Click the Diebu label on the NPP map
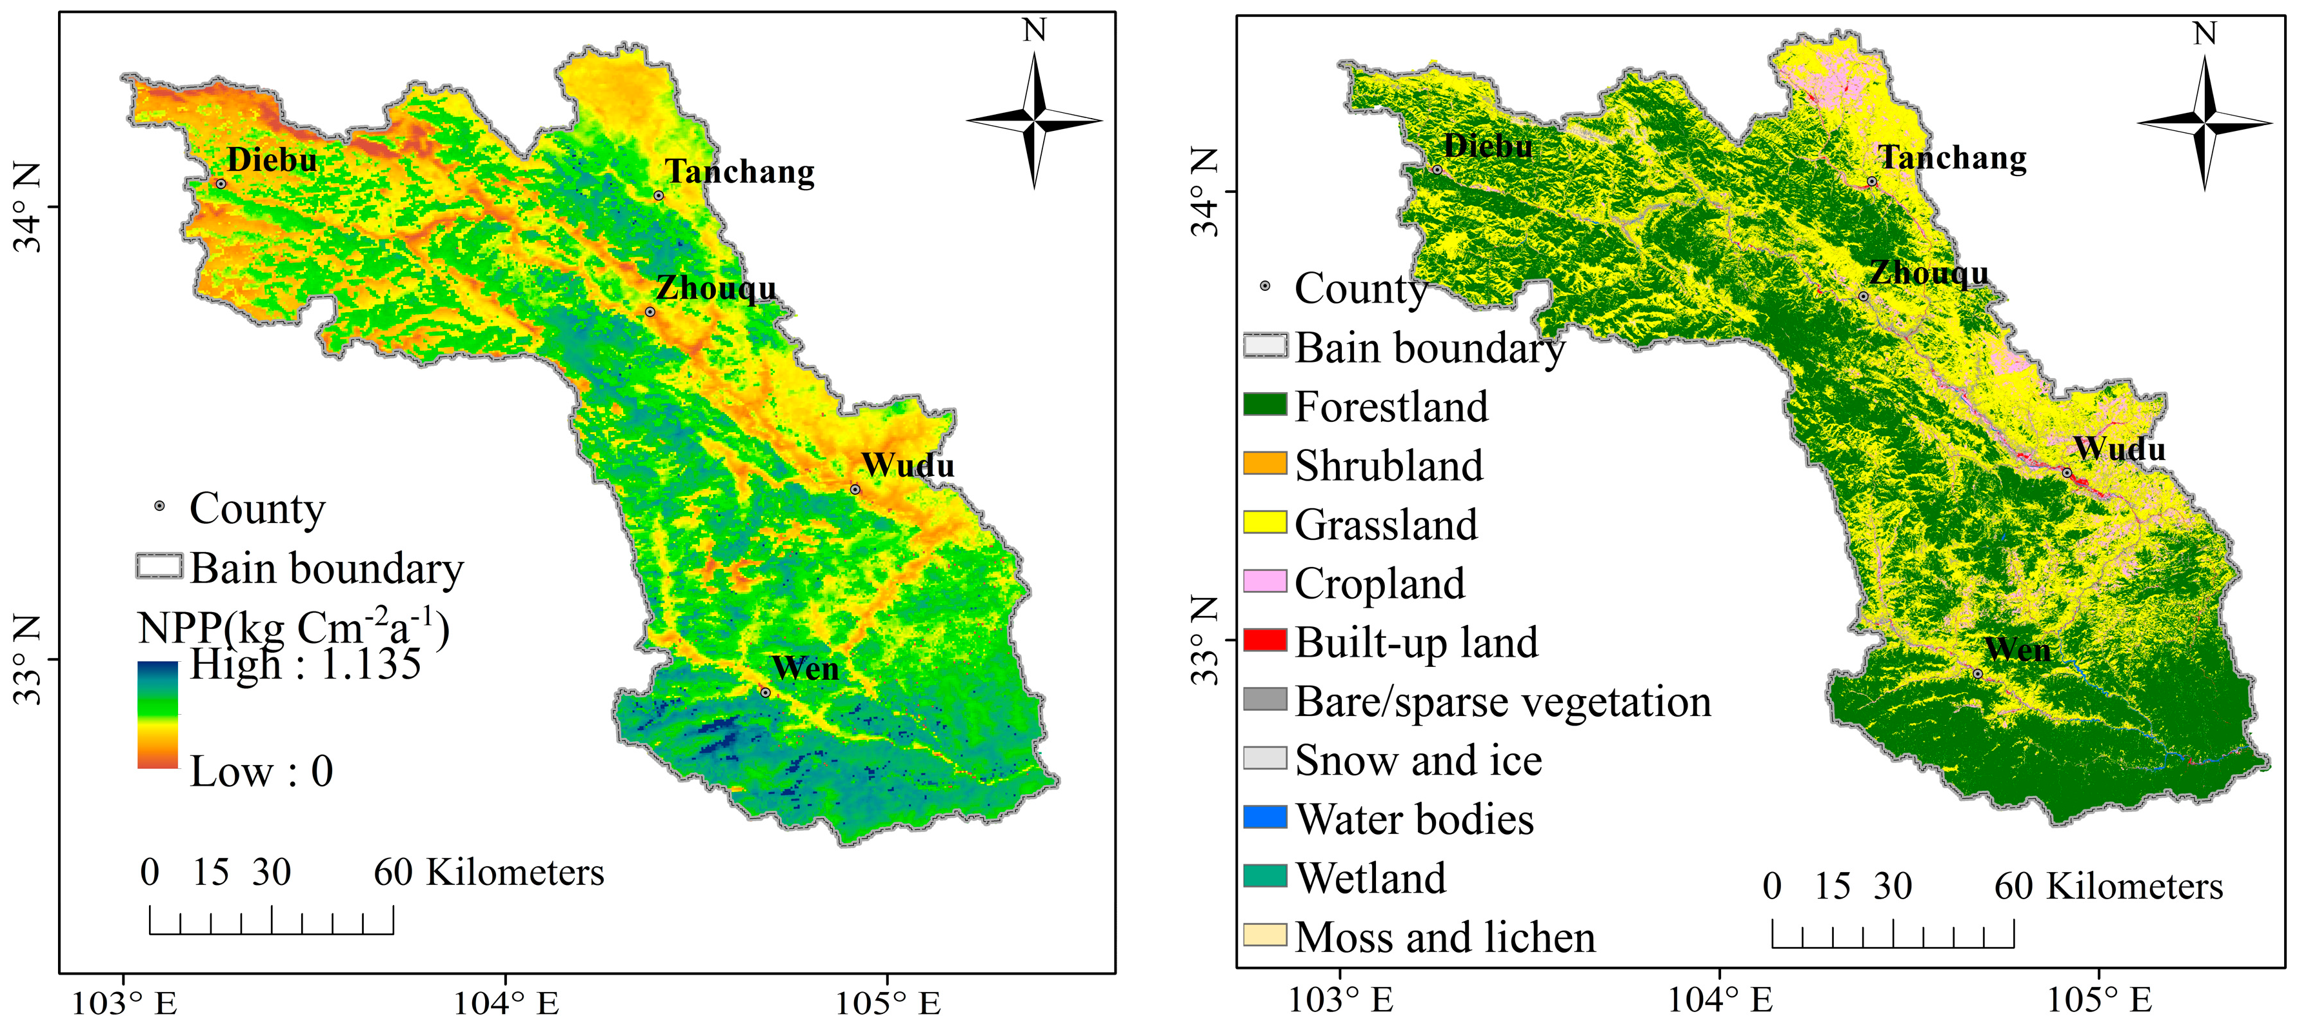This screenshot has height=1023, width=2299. tap(272, 160)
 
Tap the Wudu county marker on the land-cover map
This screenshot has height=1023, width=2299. tap(2067, 473)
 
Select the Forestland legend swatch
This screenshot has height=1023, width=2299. tap(1264, 405)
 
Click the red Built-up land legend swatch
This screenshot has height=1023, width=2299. tap(1264, 640)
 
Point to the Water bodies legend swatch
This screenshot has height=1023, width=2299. tap(1264, 817)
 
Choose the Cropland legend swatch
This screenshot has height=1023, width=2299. tap(1264, 582)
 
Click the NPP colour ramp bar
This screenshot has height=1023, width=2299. tap(157, 714)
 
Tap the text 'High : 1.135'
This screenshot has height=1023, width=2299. tap(304, 664)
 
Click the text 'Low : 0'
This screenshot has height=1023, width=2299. tap(261, 771)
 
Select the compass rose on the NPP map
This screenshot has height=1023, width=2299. tap(1035, 119)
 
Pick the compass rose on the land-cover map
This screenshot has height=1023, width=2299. tap(2204, 123)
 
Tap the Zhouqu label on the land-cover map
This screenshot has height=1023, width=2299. tap(1929, 272)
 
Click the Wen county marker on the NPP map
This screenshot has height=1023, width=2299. tap(765, 692)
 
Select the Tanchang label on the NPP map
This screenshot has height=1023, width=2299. tap(740, 172)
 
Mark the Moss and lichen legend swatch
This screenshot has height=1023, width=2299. tap(1264, 935)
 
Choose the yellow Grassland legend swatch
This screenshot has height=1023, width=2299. tap(1264, 522)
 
